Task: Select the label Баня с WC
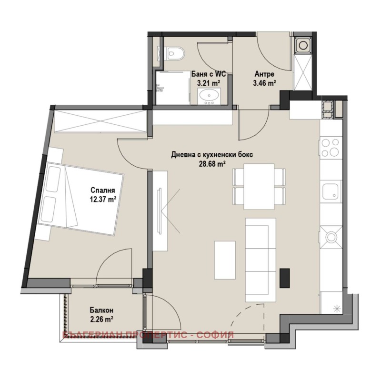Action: point(208,74)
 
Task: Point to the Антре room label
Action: point(265,74)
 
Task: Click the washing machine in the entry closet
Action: point(303,46)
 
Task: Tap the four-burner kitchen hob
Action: point(331,147)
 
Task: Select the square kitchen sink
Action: point(331,192)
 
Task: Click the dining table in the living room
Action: point(260,186)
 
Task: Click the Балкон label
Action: point(101,310)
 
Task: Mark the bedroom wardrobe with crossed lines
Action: point(100,121)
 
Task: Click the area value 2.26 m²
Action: point(101,319)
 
